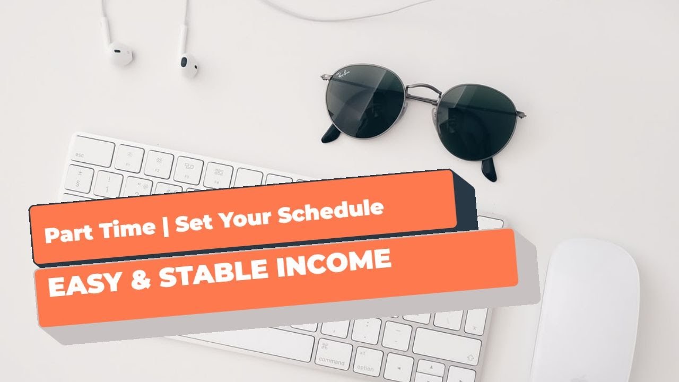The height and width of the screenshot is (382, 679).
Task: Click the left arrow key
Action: click(398, 368)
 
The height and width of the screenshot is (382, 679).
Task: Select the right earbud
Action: click(188, 65)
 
